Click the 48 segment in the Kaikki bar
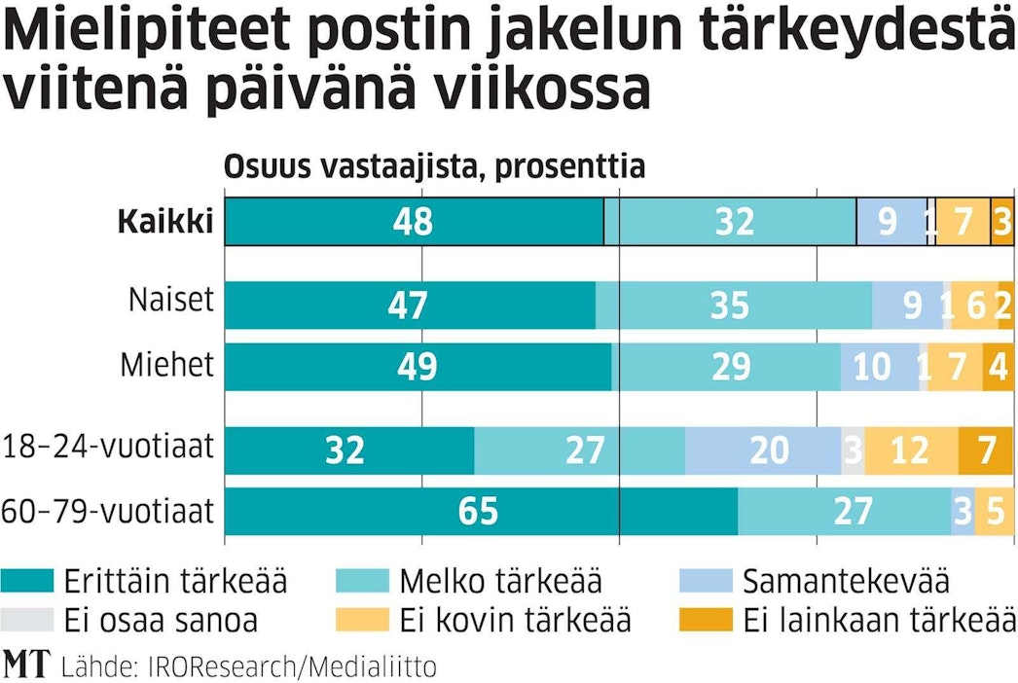coord(414,222)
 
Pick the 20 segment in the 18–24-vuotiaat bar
coord(763,450)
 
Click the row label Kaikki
coord(165,222)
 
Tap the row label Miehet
coord(166,367)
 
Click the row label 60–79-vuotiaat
coord(107,510)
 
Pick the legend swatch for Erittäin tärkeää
coord(27,582)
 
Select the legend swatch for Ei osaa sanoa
coord(27,619)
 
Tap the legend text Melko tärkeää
coord(500,582)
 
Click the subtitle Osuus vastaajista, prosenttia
coord(435,166)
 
